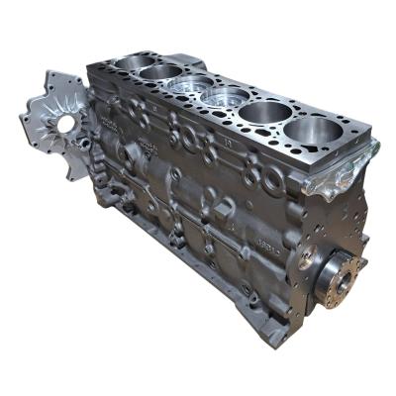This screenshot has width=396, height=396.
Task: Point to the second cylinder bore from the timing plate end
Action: click(x=158, y=72)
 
